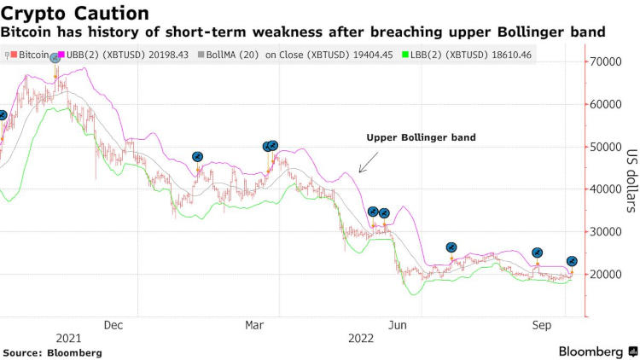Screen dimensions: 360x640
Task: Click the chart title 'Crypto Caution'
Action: (75, 13)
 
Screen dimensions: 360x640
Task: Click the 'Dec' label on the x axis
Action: (113, 324)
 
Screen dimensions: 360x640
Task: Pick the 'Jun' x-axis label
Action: (397, 324)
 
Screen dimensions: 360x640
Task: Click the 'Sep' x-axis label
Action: (540, 324)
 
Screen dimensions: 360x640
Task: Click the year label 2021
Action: (68, 339)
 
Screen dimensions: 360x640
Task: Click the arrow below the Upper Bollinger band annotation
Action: (369, 162)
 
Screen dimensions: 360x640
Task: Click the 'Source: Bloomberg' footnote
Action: (52, 352)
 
